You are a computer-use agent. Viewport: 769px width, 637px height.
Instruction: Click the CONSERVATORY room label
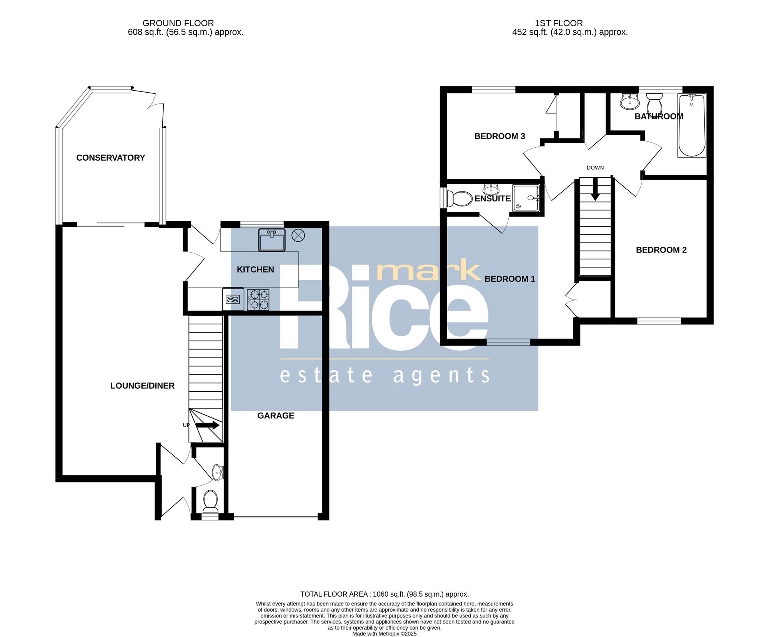coord(110,158)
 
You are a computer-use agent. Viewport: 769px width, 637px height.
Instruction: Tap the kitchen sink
coord(272,240)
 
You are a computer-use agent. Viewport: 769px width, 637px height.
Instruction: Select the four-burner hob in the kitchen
coord(258,300)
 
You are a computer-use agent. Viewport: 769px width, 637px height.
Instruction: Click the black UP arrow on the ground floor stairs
coord(208,425)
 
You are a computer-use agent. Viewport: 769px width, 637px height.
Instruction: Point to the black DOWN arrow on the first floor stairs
coord(595,189)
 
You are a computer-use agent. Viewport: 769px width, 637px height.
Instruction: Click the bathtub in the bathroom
coord(692,125)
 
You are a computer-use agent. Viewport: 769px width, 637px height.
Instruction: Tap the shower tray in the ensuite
coord(526,198)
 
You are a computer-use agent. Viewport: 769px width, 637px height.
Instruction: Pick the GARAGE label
coord(276,416)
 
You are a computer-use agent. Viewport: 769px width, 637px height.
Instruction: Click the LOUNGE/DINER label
coord(142,386)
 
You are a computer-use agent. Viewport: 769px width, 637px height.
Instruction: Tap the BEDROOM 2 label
coord(661,250)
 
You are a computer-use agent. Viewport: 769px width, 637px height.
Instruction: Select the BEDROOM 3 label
coord(499,136)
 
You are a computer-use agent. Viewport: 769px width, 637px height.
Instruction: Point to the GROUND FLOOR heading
coord(178,23)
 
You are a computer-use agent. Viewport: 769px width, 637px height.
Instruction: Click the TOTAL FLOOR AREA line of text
coord(384,594)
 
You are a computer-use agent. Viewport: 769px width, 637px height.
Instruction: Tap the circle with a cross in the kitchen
coord(298,235)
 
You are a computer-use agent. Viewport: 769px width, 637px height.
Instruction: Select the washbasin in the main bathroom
coord(630,101)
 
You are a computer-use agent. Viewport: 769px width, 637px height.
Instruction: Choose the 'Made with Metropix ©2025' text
coord(384,634)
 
